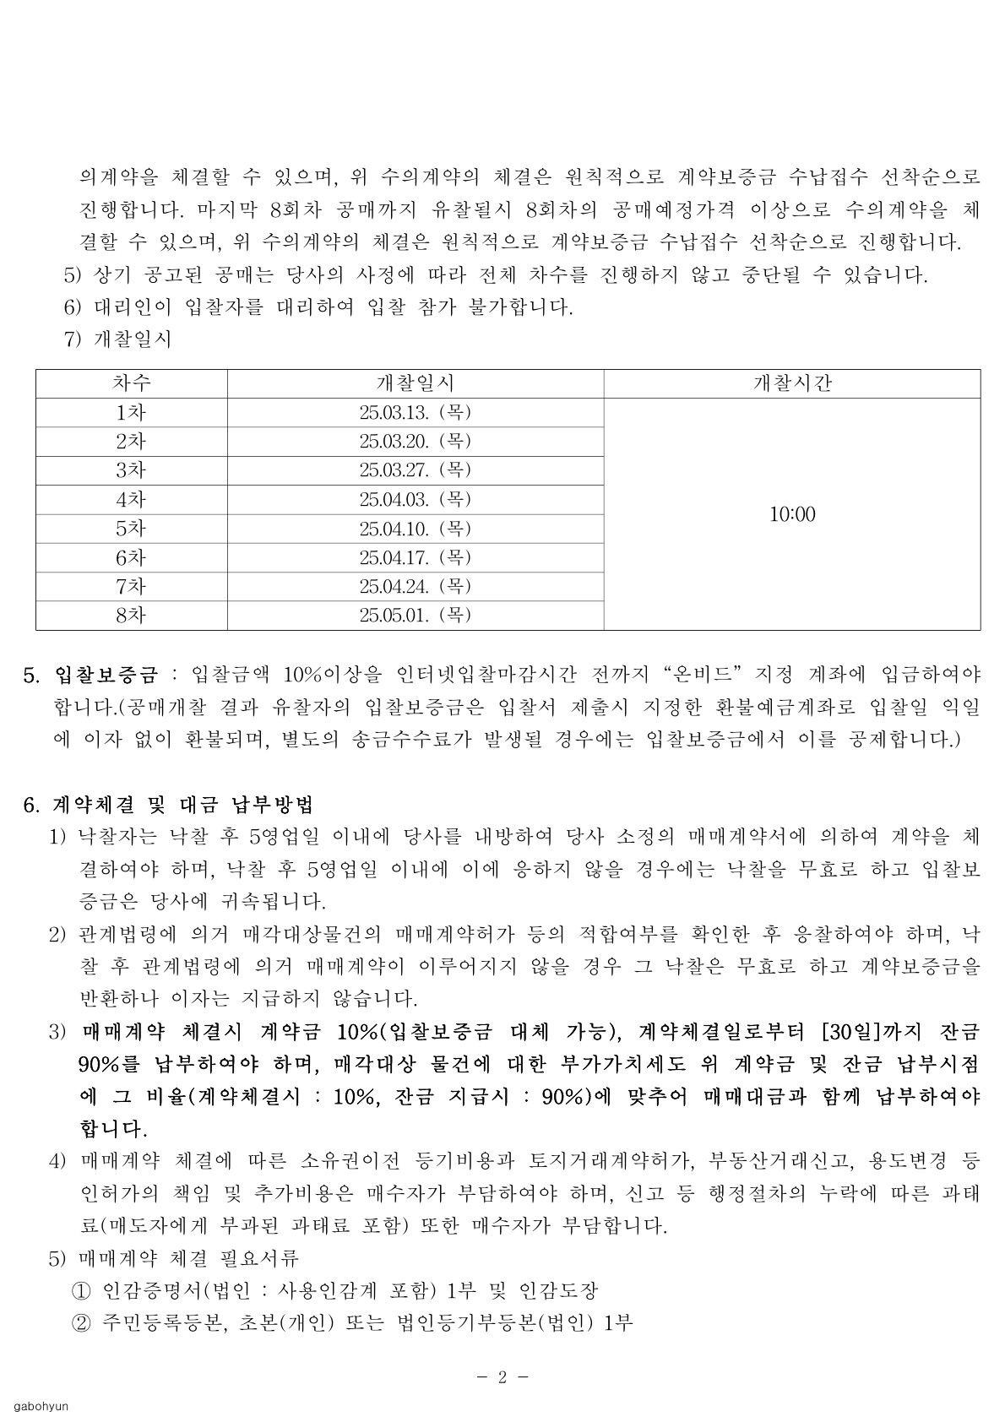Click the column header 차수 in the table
click(131, 383)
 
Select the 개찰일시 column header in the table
click(415, 383)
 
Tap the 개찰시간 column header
click(791, 383)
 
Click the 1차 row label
click(131, 413)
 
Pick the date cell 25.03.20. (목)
click(415, 442)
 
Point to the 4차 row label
click(131, 500)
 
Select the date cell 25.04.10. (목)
click(415, 529)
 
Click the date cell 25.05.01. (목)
click(415, 616)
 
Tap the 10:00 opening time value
click(792, 514)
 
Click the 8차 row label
click(131, 616)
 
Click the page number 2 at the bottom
click(502, 1377)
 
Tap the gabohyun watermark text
click(41, 1407)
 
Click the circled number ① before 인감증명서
click(82, 1291)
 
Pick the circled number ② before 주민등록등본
click(82, 1323)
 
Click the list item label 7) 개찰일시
click(117, 339)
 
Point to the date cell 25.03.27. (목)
click(415, 470)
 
